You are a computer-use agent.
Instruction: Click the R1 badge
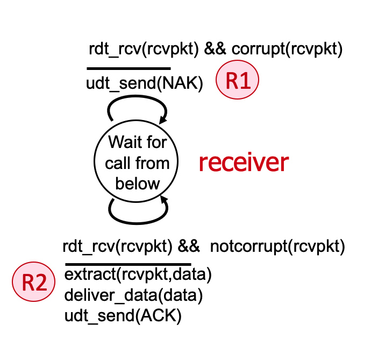[237, 81]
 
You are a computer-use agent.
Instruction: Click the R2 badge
[33, 283]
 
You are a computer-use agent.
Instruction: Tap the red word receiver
[244, 163]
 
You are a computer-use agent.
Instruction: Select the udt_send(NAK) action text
[144, 84]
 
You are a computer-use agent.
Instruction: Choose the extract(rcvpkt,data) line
[138, 275]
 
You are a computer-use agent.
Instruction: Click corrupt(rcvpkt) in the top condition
[287, 51]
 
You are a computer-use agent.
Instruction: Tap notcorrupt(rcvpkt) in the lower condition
[277, 247]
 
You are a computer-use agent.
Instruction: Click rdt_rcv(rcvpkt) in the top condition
[144, 51]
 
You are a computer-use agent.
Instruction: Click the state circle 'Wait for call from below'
[138, 162]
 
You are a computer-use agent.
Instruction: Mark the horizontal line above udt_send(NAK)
[129, 69]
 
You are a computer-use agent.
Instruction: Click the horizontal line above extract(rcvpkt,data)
[127, 264]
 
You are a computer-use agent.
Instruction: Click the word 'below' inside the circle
[138, 183]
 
